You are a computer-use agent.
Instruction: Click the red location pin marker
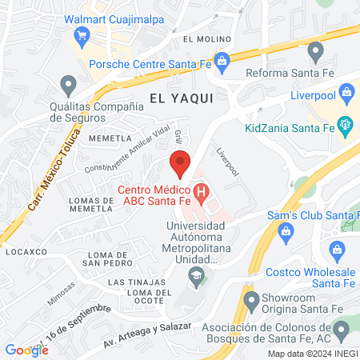coord(181,163)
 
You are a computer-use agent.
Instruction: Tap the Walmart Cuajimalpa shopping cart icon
coord(81,34)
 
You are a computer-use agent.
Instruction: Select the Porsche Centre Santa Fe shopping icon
coord(222,58)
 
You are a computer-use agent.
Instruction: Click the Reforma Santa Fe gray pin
coord(316,53)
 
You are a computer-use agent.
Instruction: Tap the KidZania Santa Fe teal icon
coord(345,124)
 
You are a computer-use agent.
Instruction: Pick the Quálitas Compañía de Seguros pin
coord(69,84)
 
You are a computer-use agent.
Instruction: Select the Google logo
coord(26,350)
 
